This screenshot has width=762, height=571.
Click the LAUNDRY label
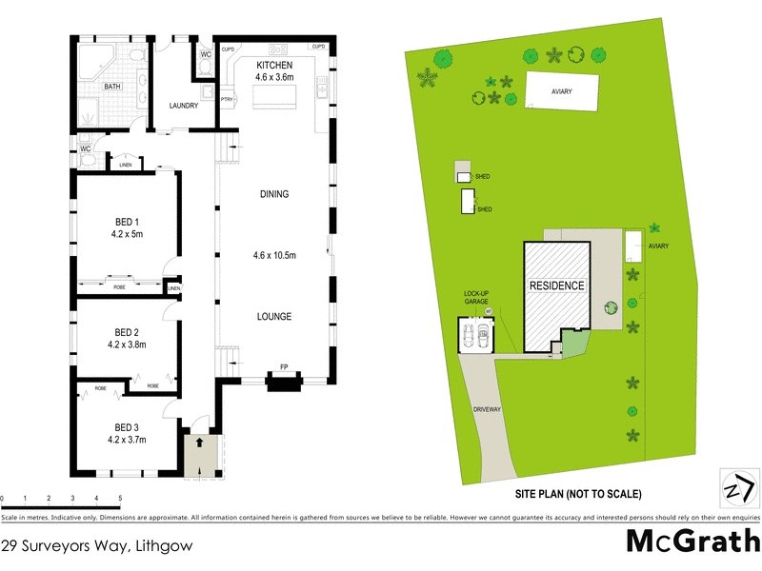click(183, 106)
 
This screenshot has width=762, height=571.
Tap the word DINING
click(274, 194)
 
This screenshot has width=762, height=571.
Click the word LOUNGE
click(274, 316)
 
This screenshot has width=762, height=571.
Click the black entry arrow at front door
click(199, 443)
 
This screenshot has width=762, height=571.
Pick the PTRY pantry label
click(227, 99)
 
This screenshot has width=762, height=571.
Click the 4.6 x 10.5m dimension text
click(274, 255)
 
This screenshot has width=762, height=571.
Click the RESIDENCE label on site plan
click(557, 285)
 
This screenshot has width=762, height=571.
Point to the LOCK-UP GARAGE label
click(475, 297)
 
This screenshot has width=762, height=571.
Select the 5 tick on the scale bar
click(120, 499)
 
